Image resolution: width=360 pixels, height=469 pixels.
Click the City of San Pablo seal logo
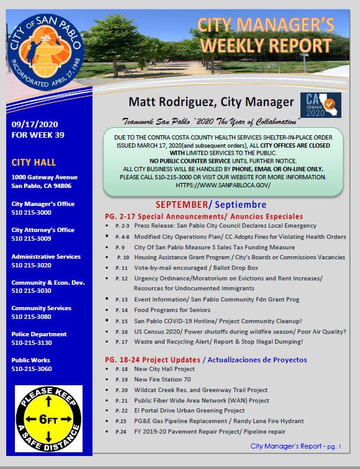click(x=47, y=55)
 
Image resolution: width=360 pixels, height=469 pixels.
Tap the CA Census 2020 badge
click(x=320, y=106)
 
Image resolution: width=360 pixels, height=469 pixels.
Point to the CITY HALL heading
click(x=34, y=163)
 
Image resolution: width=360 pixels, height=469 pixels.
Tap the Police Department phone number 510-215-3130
click(x=32, y=342)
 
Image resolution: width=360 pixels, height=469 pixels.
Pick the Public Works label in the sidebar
click(x=30, y=360)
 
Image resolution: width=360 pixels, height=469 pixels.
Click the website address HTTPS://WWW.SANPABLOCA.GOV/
click(x=223, y=185)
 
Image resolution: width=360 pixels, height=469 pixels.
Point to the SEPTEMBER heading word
click(x=180, y=204)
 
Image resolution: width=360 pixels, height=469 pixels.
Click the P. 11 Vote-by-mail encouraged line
click(x=195, y=267)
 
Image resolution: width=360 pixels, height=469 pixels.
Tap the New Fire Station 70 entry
click(x=163, y=379)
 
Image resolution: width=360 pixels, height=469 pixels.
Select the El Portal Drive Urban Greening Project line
click(x=189, y=411)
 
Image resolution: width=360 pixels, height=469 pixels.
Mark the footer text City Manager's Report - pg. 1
click(x=295, y=446)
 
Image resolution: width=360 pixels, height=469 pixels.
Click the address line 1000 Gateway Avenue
click(x=44, y=177)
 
